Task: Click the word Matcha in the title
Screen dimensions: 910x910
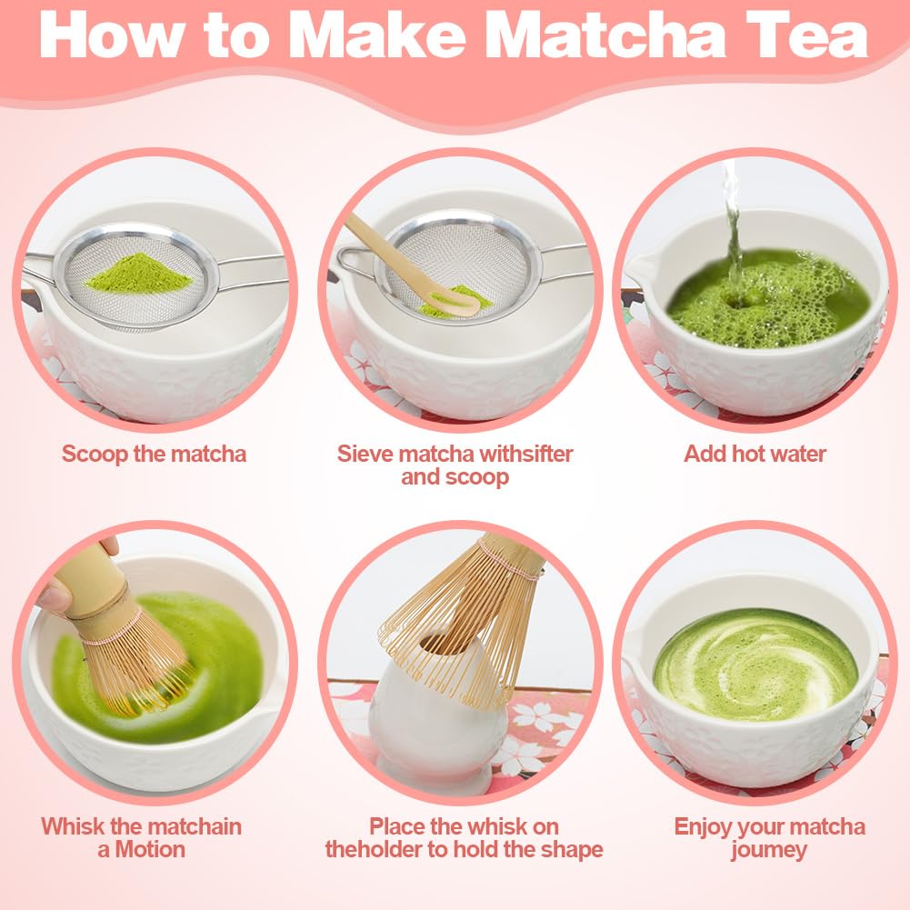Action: [x=605, y=35]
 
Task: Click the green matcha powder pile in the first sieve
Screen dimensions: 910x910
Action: [x=138, y=273]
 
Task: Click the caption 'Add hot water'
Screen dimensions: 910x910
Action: [x=755, y=454]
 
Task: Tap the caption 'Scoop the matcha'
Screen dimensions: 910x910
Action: [x=154, y=454]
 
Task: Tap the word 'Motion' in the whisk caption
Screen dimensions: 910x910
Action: [x=150, y=850]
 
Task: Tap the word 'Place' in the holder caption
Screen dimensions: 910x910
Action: [x=396, y=826]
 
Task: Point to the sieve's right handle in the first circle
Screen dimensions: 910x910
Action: [x=250, y=270]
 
